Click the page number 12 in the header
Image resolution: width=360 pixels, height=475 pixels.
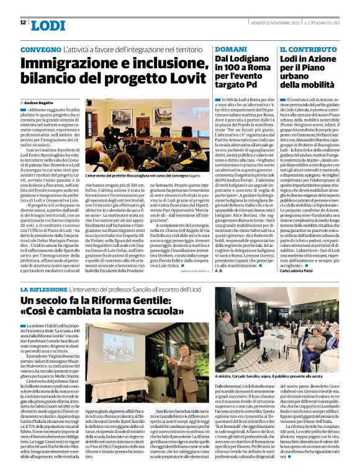pyautogui.click(x=22, y=23)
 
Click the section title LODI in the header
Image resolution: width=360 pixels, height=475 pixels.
pyautogui.click(x=47, y=25)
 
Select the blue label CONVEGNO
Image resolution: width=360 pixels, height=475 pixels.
pyautogui.click(x=41, y=48)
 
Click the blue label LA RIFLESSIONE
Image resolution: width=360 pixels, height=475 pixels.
pyautogui.click(x=48, y=289)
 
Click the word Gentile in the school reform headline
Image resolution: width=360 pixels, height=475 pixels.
pyautogui.click(x=147, y=301)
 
